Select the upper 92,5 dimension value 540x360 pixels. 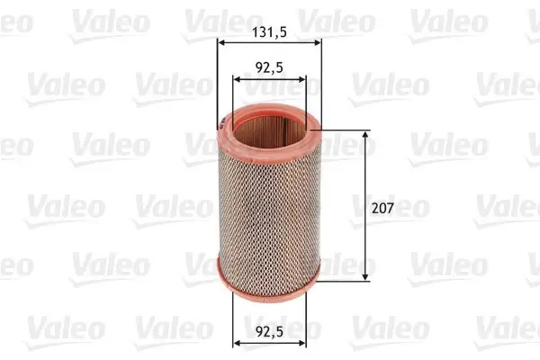pyautogui.click(x=270, y=67)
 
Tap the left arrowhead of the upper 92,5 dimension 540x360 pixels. pyautogui.click(x=238, y=78)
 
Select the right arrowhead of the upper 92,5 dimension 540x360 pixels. pyautogui.click(x=302, y=78)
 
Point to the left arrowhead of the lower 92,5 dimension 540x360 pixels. pyautogui.click(x=238, y=342)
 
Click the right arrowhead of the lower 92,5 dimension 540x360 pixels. pyautogui.click(x=302, y=342)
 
